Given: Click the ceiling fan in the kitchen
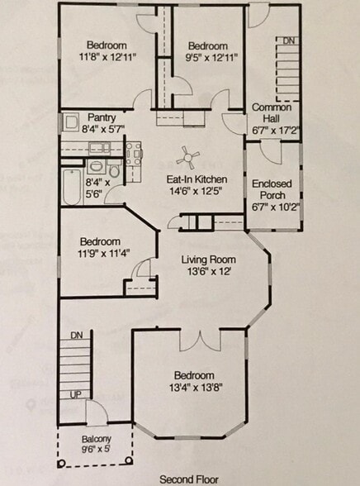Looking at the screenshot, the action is [188, 158].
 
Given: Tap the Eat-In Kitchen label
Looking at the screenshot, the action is [197, 179].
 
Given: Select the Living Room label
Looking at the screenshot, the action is [209, 260].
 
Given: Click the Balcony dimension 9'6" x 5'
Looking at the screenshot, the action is [97, 449].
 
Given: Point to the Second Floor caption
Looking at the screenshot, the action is [189, 479].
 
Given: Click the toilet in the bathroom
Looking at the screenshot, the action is [115, 170].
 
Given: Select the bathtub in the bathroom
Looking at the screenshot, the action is [72, 186].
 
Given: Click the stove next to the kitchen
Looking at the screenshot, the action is [134, 153].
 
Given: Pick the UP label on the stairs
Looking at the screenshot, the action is [76, 394].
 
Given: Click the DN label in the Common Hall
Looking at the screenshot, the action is [288, 40].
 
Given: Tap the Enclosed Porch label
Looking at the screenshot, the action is [272, 189].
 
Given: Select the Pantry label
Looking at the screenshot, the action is [102, 117].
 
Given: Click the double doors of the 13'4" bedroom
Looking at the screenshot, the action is [201, 341].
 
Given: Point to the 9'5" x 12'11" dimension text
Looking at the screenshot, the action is [211, 57].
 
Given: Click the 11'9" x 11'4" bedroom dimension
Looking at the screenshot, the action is [104, 253].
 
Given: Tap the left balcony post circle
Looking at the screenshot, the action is [61, 464].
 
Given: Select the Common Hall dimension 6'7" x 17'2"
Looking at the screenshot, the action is [276, 131].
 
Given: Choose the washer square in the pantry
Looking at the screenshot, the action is [71, 122].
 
